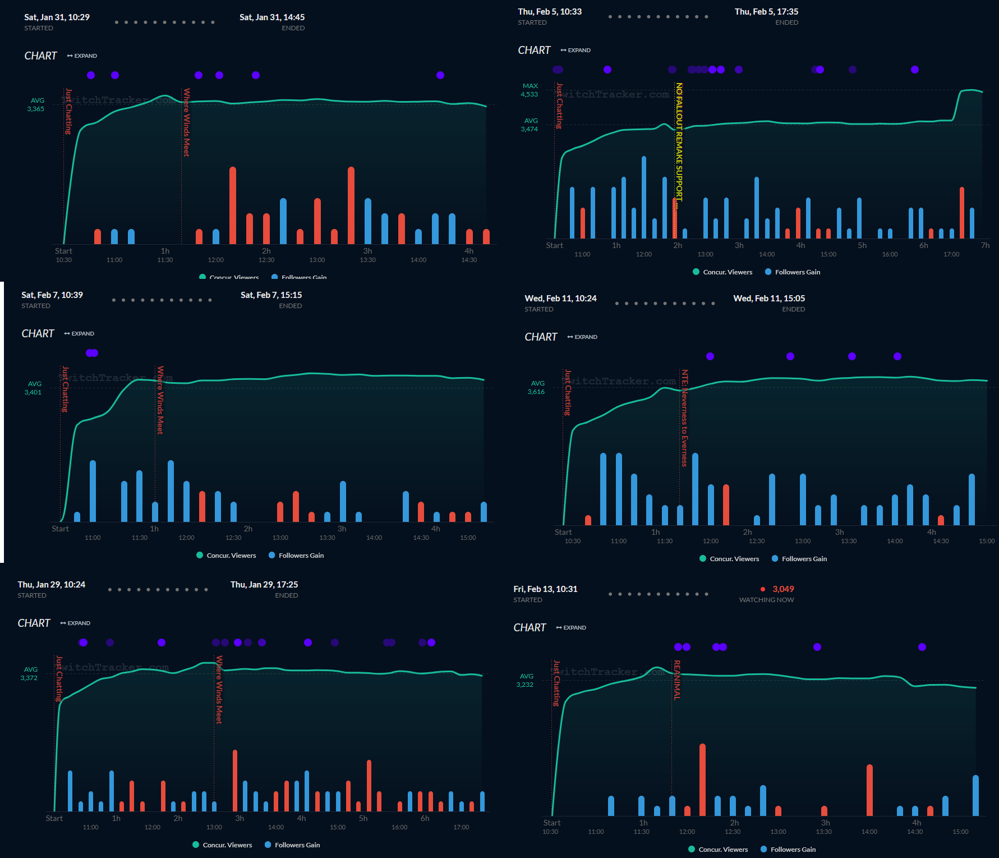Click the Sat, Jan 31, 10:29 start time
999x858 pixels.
coord(57,17)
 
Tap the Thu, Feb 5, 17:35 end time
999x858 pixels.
coord(766,12)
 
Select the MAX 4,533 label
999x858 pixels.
coord(530,90)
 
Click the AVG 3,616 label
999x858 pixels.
coord(536,388)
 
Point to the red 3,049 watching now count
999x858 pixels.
coord(782,589)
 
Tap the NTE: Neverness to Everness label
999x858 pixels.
coord(684,417)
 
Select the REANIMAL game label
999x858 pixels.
coord(677,680)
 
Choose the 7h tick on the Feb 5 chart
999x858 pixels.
coord(985,246)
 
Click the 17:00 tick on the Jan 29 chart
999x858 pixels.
coord(461,827)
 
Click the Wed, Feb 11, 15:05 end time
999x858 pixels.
coord(768,299)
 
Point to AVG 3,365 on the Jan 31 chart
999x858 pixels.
coord(36,105)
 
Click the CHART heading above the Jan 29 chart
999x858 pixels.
coord(34,623)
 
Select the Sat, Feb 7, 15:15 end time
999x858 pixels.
coord(271,295)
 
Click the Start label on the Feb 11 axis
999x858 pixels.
coord(563,533)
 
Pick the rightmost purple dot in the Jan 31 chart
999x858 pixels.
coord(440,75)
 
